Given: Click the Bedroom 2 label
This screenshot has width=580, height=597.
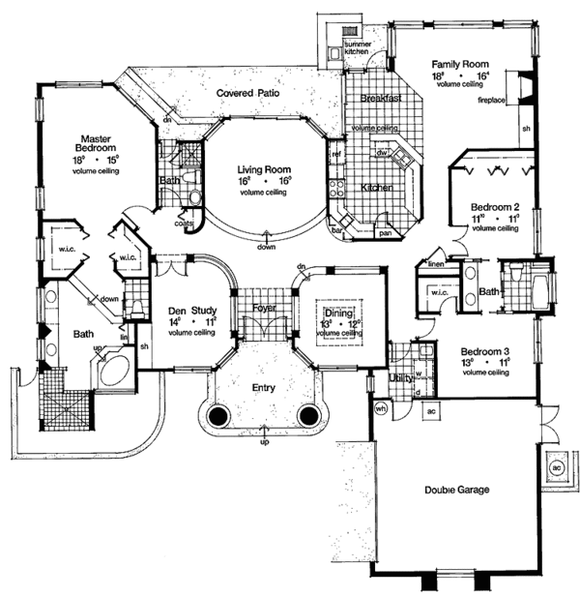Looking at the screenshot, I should [495, 207].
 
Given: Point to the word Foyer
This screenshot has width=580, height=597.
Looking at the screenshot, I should [265, 309].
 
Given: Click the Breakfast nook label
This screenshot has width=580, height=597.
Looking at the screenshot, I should [381, 99].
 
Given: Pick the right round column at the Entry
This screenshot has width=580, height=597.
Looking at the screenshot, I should [309, 417].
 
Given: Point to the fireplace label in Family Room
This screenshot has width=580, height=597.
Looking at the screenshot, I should [493, 100].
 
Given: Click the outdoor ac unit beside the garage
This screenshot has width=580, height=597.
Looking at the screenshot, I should [556, 464].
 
